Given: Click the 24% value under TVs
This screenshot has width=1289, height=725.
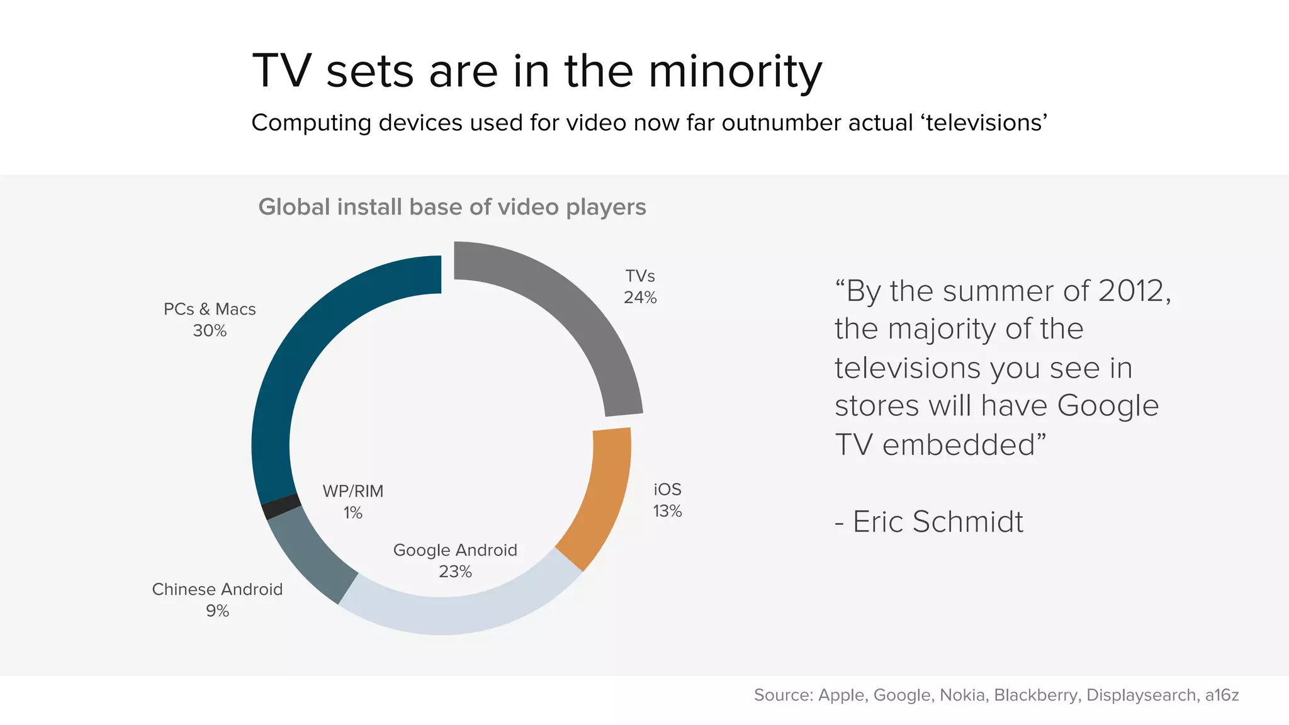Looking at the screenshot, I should tap(640, 298).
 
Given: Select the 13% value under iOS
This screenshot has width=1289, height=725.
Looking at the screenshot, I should tap(667, 511).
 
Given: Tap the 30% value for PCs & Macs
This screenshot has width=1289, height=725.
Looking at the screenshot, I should tap(210, 331).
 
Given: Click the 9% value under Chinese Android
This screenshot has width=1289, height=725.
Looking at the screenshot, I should tap(217, 611).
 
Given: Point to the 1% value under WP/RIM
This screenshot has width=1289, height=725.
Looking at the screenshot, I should tap(352, 513).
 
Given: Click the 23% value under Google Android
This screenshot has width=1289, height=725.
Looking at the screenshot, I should tap(455, 572).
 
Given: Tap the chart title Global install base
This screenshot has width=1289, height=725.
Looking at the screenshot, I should tap(452, 207).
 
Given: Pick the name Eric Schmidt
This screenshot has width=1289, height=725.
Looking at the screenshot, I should tap(937, 522).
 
